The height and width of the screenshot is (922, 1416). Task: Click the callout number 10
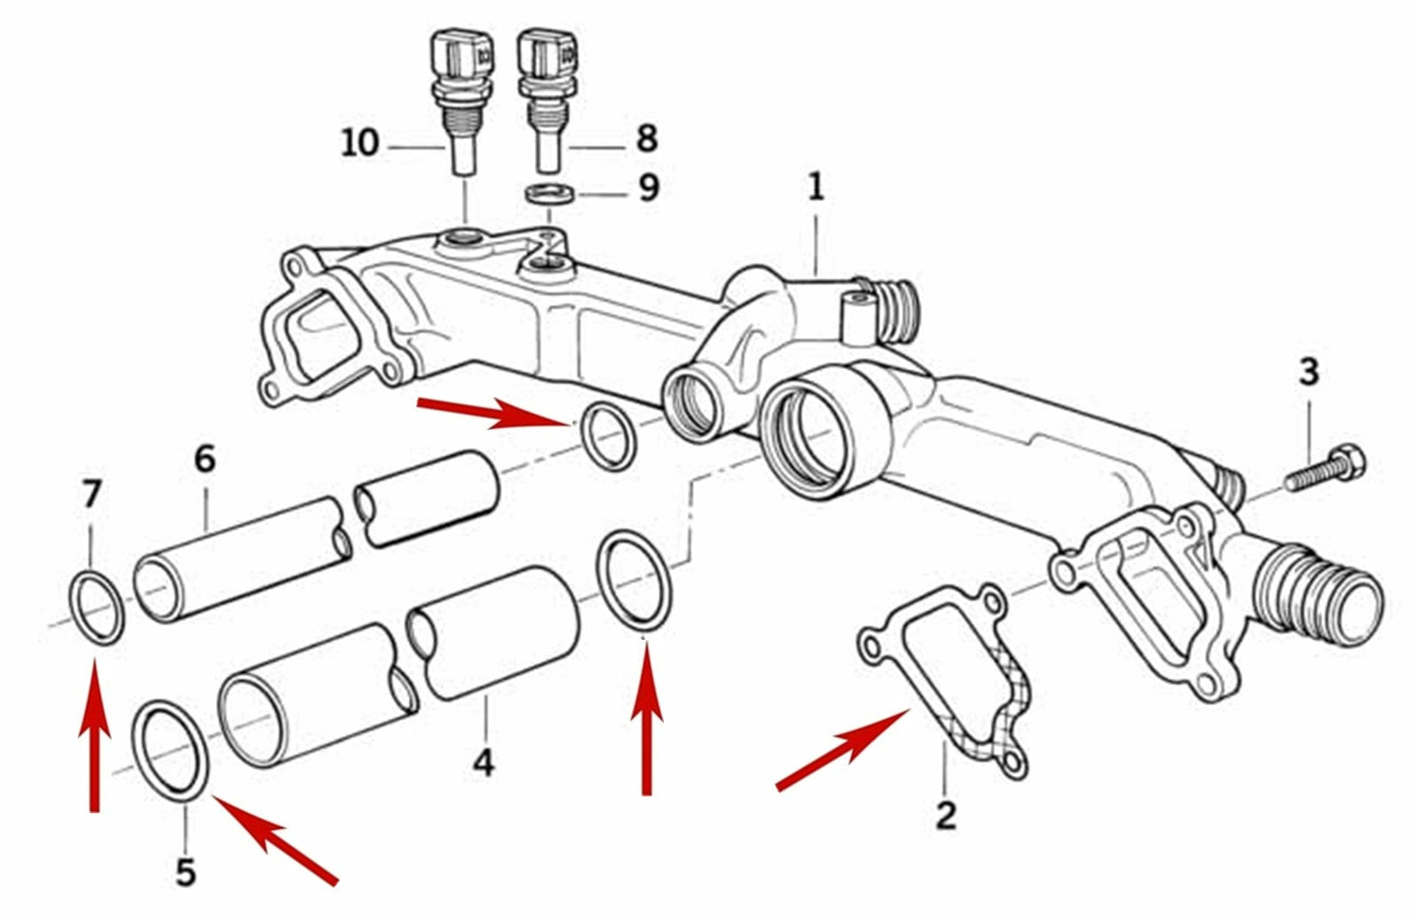(x=360, y=143)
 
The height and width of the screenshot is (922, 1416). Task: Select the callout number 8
(x=647, y=138)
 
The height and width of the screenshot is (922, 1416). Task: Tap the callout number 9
(x=649, y=188)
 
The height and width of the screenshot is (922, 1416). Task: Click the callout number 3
(x=1309, y=372)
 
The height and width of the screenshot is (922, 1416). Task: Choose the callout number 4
(x=483, y=763)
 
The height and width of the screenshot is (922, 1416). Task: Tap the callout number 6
(x=204, y=459)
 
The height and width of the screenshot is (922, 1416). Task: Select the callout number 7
(x=92, y=494)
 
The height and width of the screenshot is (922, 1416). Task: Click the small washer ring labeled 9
(x=550, y=194)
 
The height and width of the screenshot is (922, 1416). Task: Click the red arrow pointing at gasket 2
(x=843, y=749)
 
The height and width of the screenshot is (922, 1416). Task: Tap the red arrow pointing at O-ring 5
(x=275, y=840)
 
